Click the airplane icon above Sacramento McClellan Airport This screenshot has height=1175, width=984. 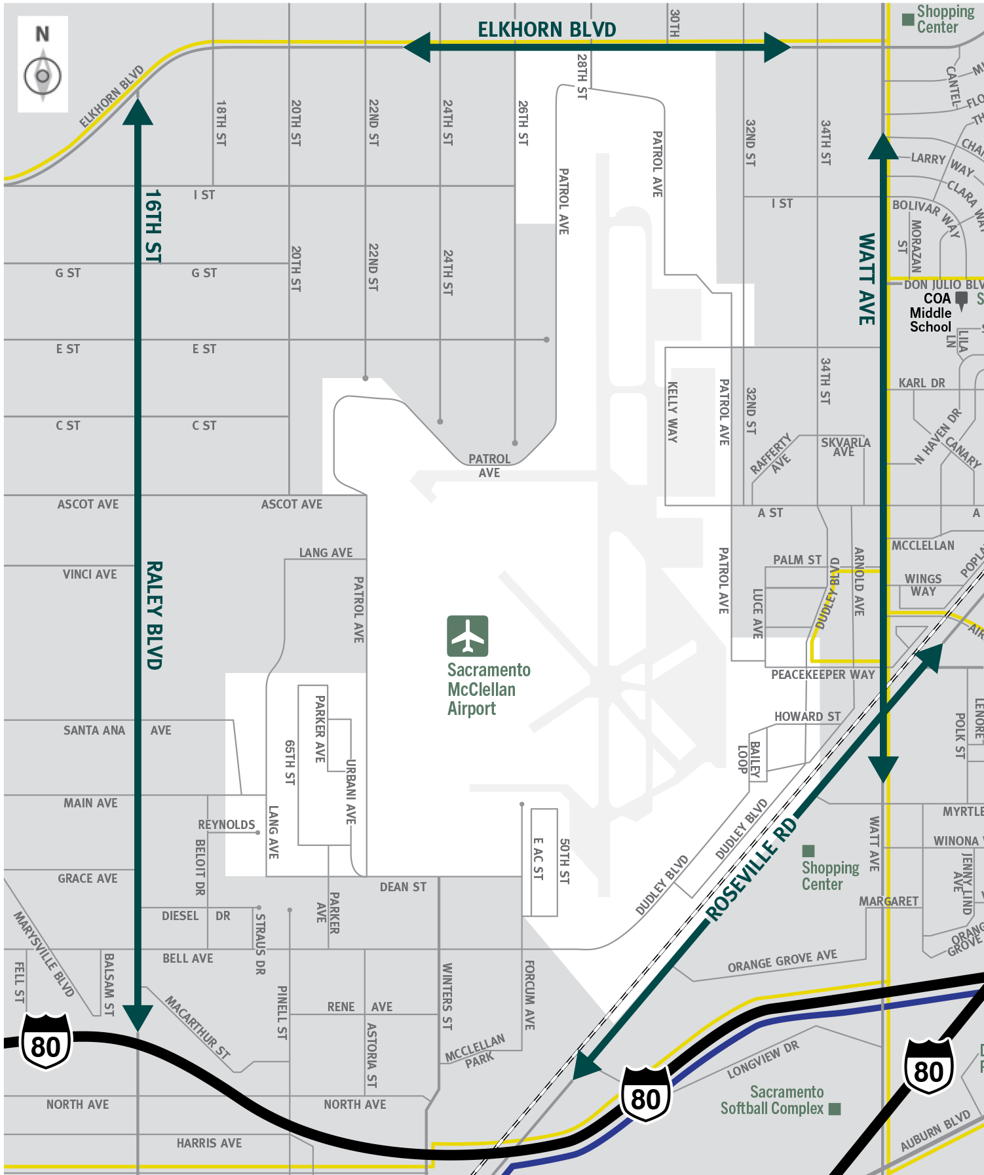(467, 636)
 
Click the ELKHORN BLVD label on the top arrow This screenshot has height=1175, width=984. (546, 29)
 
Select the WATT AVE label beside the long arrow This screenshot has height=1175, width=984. (867, 279)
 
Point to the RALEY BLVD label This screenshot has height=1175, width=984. (154, 615)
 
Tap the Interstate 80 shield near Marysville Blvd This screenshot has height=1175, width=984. (46, 1041)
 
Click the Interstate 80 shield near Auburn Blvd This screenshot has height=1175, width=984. (928, 1067)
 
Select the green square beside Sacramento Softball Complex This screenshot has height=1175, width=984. (835, 1108)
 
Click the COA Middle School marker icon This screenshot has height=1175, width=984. (962, 300)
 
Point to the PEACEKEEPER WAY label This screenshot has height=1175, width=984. (823, 674)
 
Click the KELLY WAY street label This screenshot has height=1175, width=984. (672, 412)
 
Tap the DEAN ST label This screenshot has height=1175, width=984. (403, 887)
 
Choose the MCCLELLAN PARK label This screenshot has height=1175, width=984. (476, 1051)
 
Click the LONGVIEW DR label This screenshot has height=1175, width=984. (763, 1060)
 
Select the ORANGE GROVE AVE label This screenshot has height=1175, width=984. (782, 961)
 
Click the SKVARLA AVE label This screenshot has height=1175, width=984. (845, 446)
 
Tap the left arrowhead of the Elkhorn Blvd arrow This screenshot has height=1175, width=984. (417, 47)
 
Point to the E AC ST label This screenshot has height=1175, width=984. (538, 858)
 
